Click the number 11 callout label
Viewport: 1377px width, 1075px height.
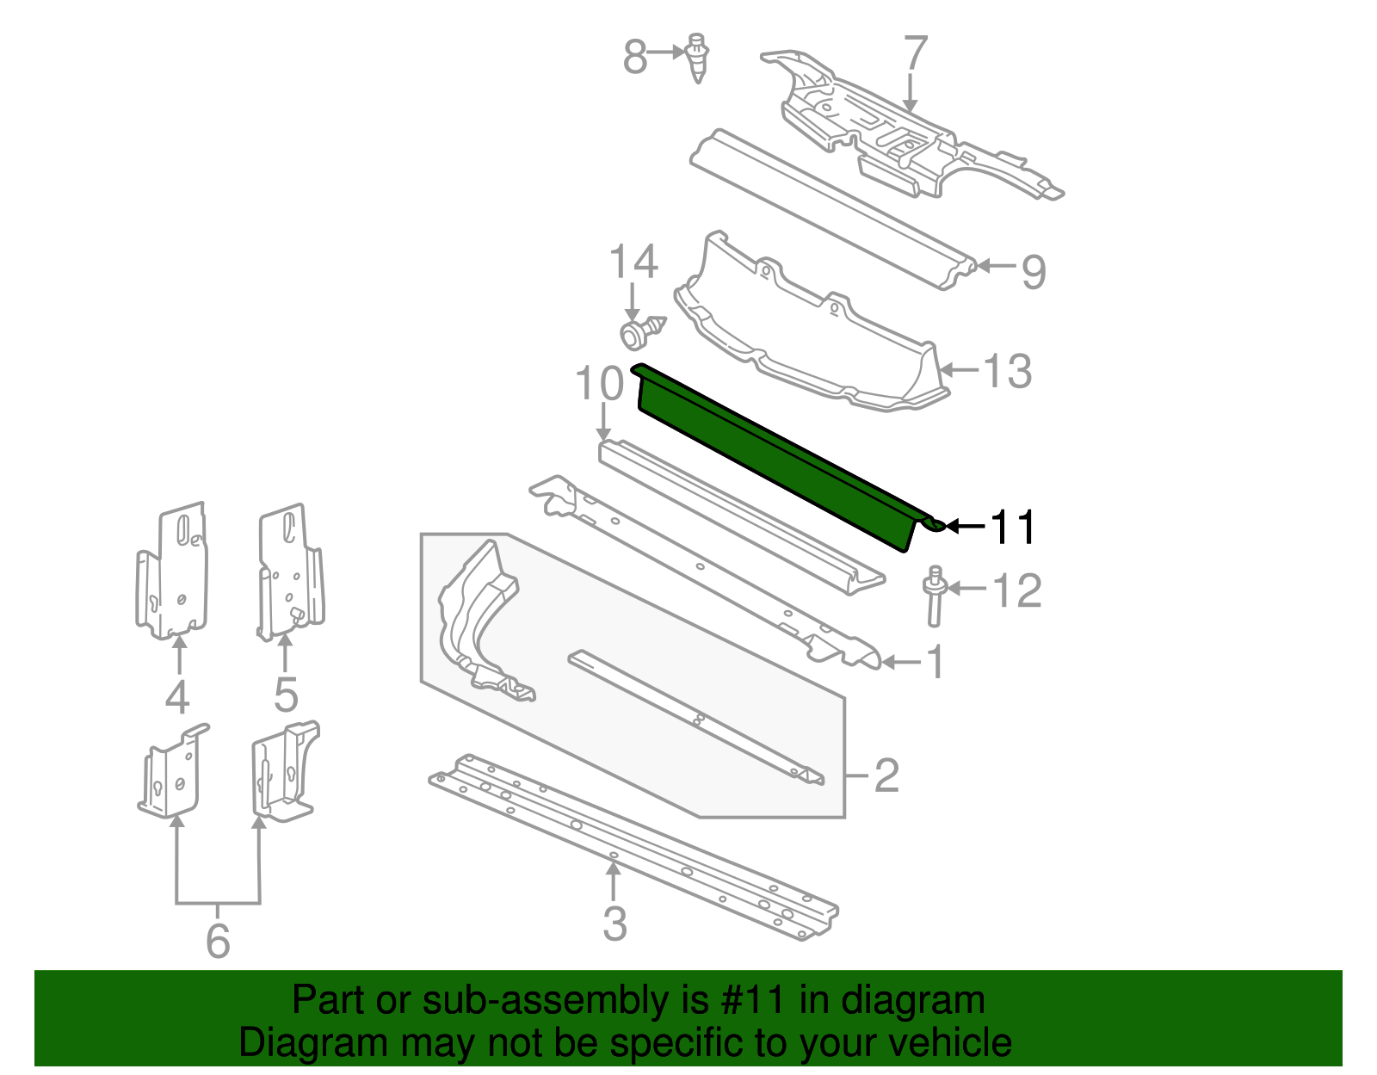tap(1013, 527)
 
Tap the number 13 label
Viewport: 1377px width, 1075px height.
tap(1006, 371)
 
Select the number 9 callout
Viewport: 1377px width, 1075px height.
tap(1033, 272)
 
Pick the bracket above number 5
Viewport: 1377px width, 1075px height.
tap(291, 572)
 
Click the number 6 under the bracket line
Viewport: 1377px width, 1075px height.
tap(218, 940)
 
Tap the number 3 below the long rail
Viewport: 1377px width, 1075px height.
tap(614, 924)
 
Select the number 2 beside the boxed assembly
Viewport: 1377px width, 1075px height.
tap(886, 775)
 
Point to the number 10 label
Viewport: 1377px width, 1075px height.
tap(599, 384)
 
